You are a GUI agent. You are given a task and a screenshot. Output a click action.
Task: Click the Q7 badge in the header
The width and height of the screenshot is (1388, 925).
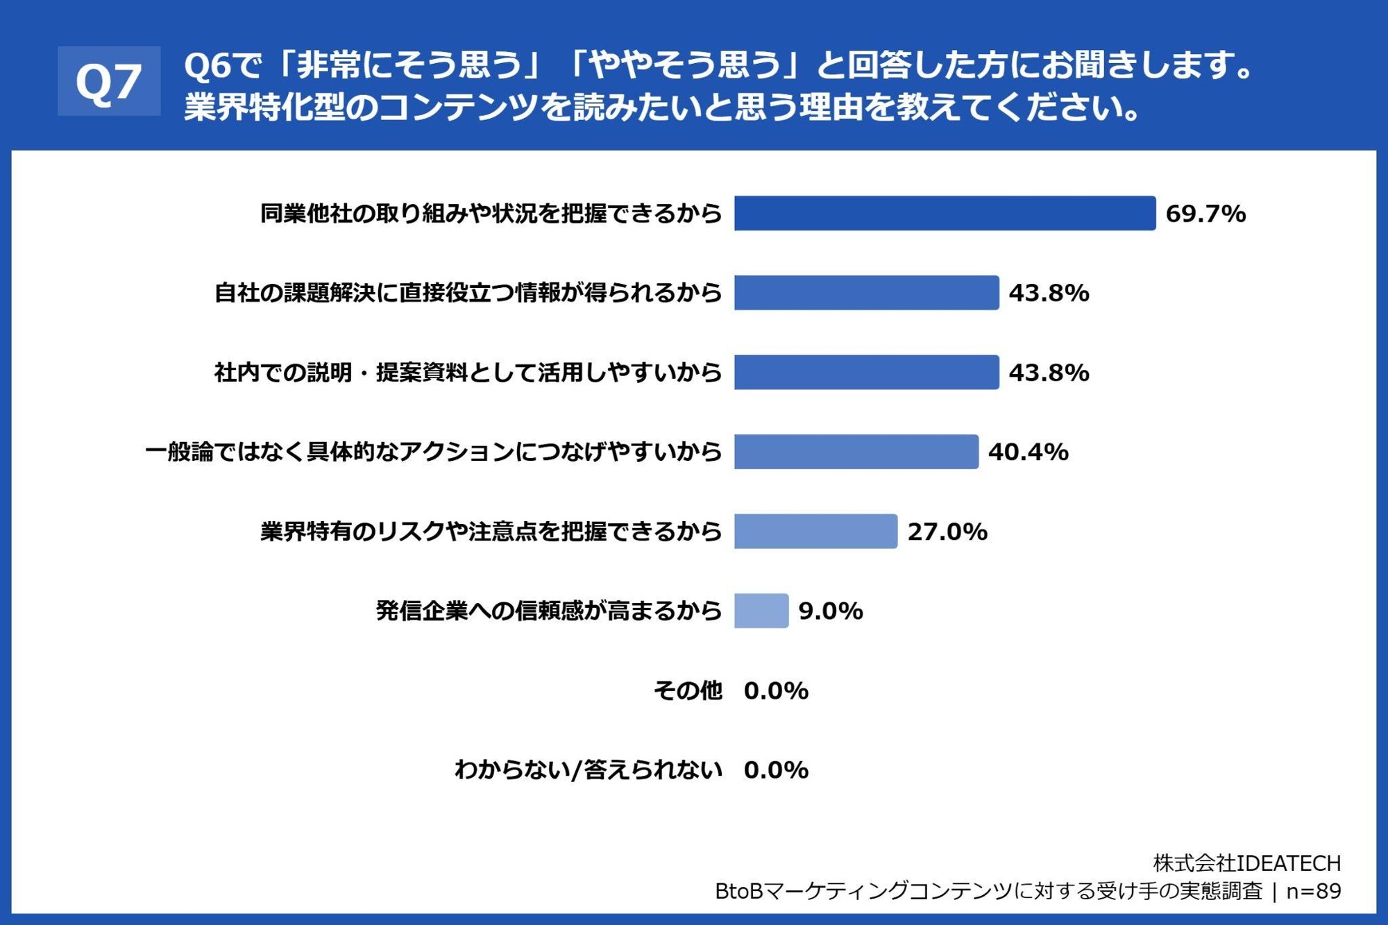109,81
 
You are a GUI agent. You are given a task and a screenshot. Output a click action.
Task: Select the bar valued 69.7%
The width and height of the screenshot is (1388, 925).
945,213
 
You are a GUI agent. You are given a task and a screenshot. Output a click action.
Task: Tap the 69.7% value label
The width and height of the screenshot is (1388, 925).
1205,214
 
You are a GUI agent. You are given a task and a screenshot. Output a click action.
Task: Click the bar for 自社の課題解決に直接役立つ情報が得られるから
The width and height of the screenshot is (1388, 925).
866,293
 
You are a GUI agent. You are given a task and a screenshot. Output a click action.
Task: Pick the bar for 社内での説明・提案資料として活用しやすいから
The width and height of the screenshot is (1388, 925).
866,373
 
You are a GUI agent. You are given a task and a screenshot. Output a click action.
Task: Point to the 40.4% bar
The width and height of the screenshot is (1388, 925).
856,452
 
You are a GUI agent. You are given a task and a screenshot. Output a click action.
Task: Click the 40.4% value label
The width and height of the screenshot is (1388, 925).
1028,452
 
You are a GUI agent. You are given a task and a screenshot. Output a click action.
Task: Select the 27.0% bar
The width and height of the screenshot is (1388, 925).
815,532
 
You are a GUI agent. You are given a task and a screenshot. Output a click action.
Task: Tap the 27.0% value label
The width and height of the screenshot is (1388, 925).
947,532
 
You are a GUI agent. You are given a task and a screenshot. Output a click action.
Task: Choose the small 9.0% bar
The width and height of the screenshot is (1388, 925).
761,611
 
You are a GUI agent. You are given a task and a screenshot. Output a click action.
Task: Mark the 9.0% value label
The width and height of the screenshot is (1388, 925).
831,611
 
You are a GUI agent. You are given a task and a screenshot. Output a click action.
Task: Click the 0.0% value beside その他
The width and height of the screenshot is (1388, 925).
776,691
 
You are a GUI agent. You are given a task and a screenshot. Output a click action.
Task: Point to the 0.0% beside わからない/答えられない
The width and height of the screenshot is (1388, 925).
776,770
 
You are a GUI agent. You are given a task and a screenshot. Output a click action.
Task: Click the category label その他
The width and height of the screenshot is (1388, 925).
688,691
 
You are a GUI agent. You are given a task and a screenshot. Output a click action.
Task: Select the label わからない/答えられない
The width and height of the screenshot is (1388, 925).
589,770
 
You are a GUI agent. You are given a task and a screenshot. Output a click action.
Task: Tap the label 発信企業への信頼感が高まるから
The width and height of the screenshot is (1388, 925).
549,611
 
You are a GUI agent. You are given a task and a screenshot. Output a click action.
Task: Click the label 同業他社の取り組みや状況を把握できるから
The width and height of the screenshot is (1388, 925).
491,214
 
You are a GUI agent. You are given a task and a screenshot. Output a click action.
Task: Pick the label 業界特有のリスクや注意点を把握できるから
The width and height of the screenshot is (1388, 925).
491,532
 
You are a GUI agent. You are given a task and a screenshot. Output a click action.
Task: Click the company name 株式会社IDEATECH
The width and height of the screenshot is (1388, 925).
1246,863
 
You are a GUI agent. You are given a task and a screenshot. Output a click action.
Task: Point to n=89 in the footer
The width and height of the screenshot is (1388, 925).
1313,891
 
